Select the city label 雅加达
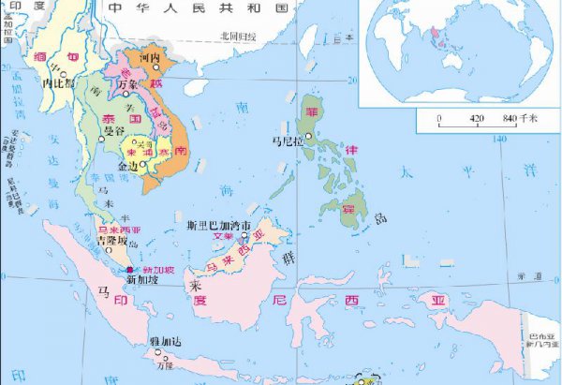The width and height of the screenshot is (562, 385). tap(161, 343)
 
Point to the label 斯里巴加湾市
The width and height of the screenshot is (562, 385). tap(219, 226)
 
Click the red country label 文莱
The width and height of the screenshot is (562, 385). tap(223, 237)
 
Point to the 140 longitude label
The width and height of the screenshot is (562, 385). tap(501, 140)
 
